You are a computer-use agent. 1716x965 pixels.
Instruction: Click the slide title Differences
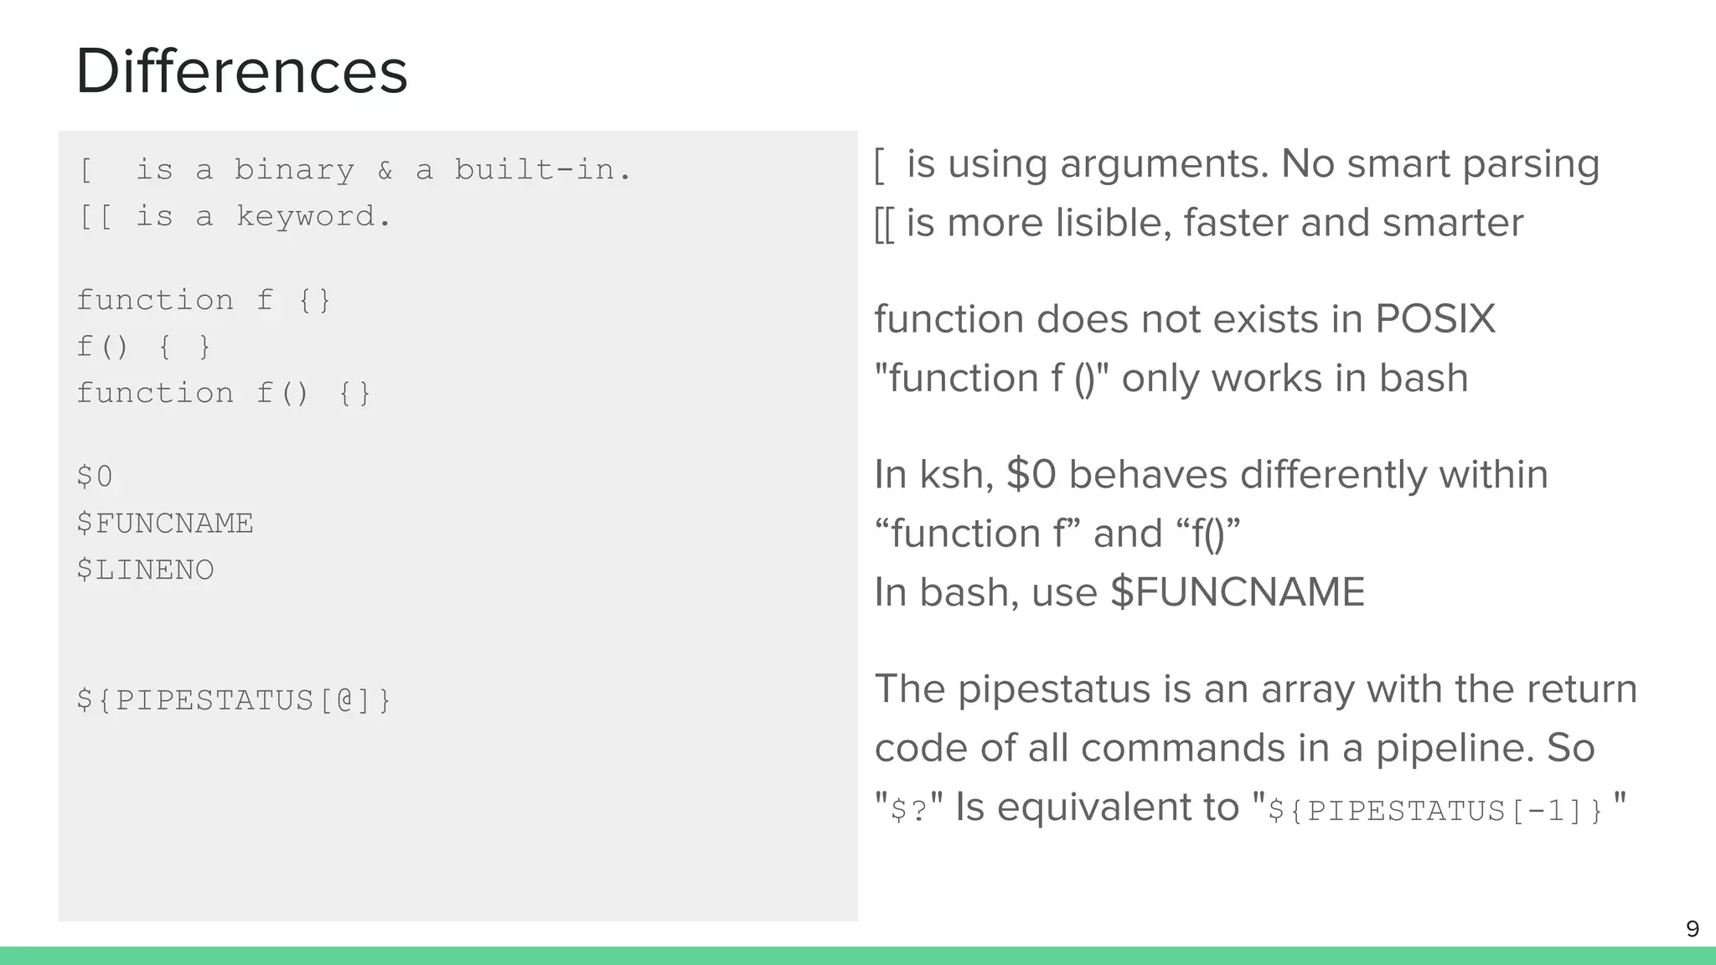pos(241,72)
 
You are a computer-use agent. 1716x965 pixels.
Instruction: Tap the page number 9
pos(1692,929)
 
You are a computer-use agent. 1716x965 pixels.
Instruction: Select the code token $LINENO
pos(145,570)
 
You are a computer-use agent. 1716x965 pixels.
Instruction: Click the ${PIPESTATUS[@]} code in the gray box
pos(234,700)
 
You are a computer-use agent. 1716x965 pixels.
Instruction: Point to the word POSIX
pos(1435,319)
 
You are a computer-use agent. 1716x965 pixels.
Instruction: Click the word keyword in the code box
pos(313,217)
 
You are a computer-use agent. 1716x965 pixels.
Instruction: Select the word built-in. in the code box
pos(543,170)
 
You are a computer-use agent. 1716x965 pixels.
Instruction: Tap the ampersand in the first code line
pos(385,170)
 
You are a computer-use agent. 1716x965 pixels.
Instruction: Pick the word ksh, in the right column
pos(956,475)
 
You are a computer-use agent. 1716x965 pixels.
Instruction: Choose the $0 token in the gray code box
pos(95,477)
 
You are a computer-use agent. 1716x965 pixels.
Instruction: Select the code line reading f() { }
pos(143,347)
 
